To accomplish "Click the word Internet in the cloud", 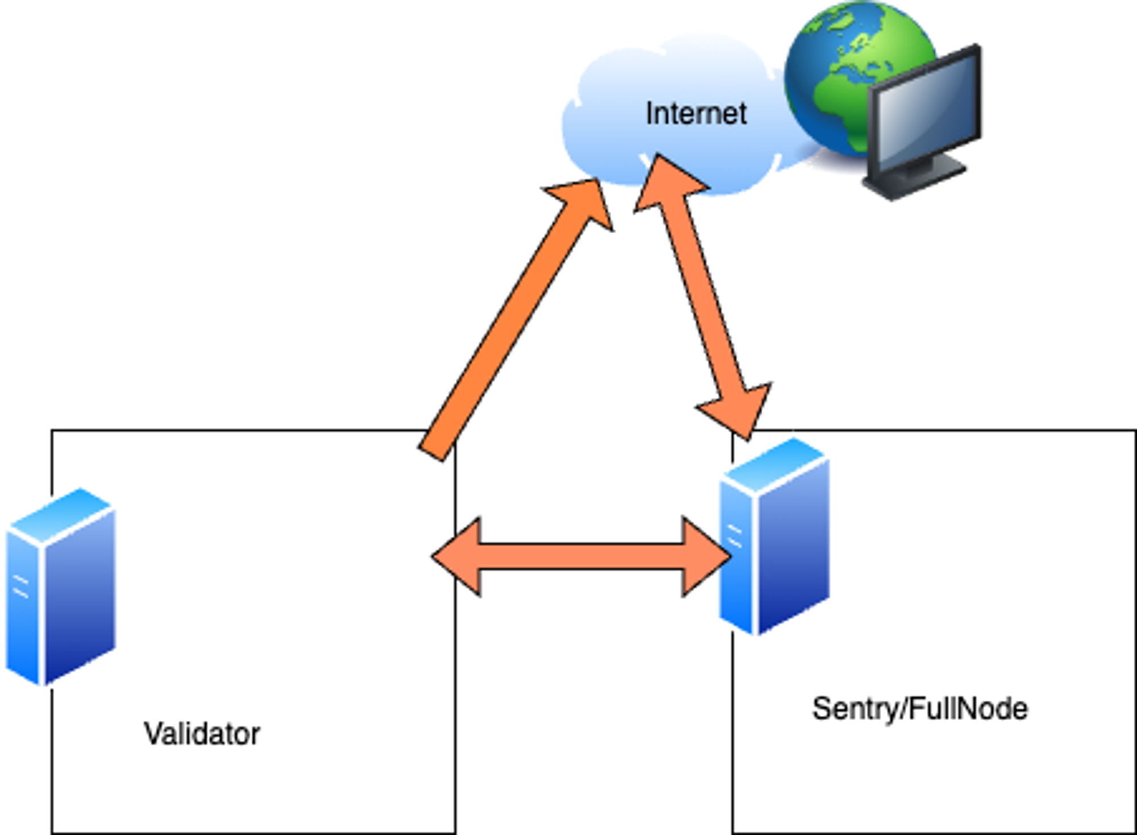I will pos(696,114).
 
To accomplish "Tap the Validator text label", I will pos(202,734).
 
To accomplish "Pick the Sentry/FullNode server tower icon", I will pos(773,538).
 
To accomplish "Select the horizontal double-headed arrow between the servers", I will pos(580,557).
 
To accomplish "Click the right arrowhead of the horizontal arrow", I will pos(705,557).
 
